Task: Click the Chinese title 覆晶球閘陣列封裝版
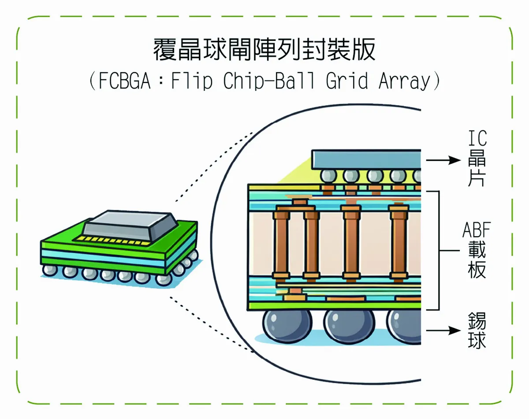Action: coord(264,49)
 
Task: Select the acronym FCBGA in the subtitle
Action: coord(125,82)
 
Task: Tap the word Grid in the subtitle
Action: coord(346,82)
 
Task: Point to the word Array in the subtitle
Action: coord(403,82)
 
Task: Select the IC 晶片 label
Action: coord(477,159)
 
